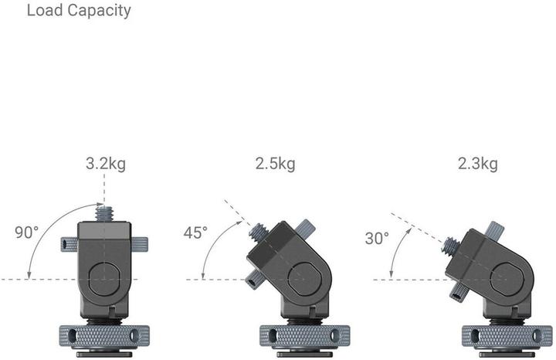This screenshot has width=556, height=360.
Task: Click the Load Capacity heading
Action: (x=79, y=11)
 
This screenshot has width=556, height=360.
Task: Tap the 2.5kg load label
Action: (x=275, y=164)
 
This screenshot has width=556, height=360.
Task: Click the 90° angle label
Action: (x=26, y=232)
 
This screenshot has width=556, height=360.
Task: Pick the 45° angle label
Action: (x=195, y=233)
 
